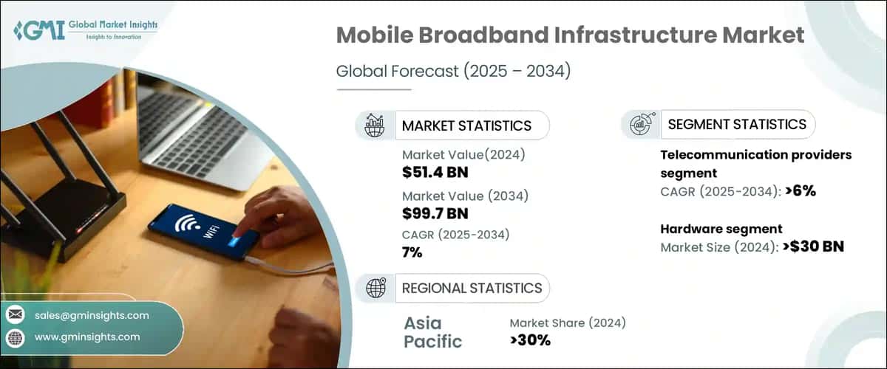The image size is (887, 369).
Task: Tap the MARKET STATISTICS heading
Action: (466, 125)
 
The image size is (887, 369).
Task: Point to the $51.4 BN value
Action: (435, 173)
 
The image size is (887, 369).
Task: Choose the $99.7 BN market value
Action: (435, 214)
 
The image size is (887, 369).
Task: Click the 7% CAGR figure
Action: (412, 253)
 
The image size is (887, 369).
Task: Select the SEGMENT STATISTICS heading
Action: (736, 125)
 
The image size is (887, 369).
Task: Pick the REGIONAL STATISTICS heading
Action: (472, 288)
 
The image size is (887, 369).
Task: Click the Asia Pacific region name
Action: (433, 332)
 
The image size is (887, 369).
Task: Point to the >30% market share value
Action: (530, 339)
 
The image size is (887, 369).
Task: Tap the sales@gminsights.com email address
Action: (92, 315)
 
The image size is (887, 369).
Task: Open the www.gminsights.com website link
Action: (86, 337)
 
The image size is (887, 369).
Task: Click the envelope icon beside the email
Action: (16, 315)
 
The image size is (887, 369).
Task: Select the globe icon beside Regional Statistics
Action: (375, 288)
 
